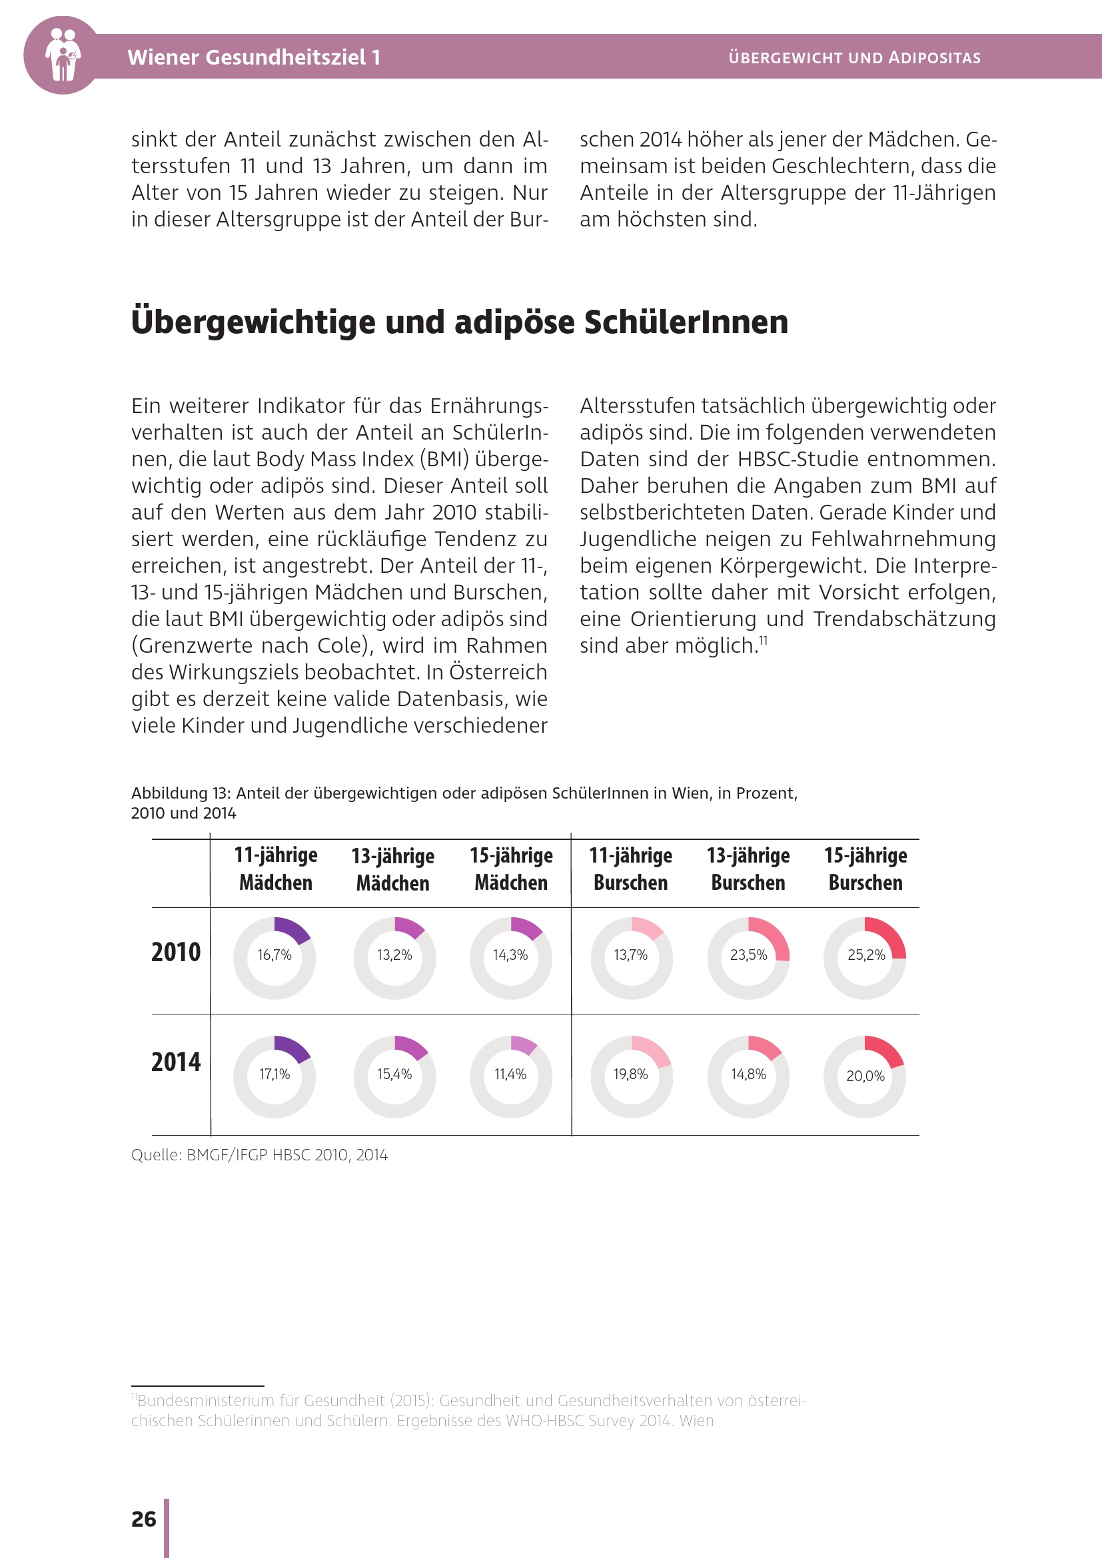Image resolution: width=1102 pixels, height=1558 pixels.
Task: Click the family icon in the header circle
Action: point(63,55)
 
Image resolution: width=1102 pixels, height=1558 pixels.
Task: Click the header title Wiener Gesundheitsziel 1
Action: point(254,57)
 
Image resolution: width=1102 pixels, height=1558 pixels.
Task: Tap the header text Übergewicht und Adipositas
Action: point(854,58)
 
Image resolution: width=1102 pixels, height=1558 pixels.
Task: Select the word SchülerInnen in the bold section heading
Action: point(686,322)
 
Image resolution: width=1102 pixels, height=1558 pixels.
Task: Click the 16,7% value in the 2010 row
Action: point(274,955)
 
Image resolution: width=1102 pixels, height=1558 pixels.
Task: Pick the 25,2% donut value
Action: point(866,955)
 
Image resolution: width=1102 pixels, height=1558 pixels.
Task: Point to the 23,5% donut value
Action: point(748,955)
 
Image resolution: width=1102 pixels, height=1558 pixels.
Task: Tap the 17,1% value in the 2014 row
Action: point(274,1074)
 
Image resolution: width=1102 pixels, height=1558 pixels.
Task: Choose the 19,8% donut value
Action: point(630,1074)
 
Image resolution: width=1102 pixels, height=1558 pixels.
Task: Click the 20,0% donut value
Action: point(865,1076)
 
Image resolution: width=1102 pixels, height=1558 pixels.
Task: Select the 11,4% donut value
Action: point(510,1074)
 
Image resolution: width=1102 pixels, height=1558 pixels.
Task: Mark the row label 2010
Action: point(176,953)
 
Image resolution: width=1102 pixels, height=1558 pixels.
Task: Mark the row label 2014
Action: point(176,1062)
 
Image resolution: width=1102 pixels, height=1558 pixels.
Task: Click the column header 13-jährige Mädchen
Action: point(393,869)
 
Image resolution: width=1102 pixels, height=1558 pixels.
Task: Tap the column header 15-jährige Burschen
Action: point(866,869)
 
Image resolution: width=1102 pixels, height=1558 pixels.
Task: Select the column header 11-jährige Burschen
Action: point(630,869)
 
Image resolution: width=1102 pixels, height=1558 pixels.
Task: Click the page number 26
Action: point(144,1519)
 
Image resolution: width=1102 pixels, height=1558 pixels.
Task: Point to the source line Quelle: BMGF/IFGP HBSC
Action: point(259,1155)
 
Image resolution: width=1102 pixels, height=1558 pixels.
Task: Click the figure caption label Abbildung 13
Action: point(181,793)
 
